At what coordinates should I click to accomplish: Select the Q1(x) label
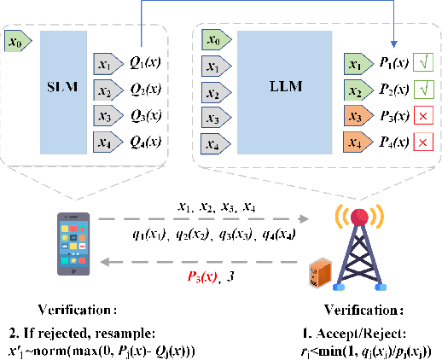(x=148, y=64)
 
